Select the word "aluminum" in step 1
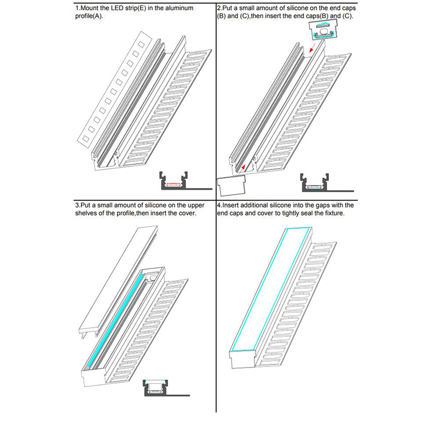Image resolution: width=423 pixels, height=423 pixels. coord(177,8)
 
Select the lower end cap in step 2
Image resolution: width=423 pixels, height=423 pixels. coord(232,186)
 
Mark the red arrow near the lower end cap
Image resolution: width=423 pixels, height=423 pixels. coord(242,169)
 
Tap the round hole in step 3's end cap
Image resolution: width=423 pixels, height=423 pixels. coord(153,275)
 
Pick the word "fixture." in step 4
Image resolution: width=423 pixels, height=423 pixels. coord(333,213)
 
